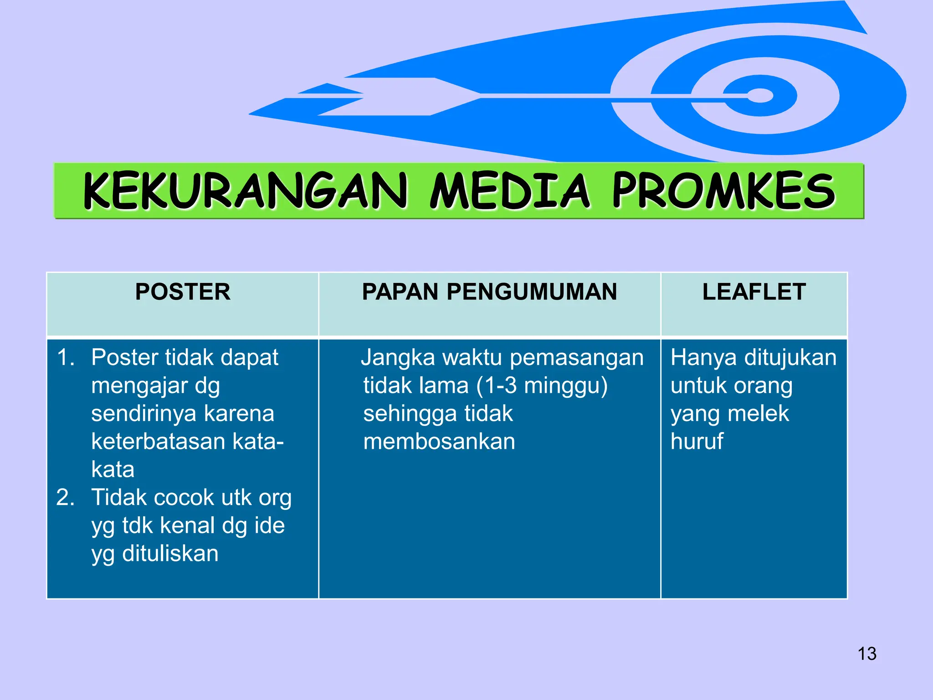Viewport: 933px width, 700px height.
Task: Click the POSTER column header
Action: pyautogui.click(x=183, y=292)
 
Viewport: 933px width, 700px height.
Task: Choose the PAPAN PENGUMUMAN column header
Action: pyautogui.click(x=489, y=292)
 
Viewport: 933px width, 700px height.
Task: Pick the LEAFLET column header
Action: pyautogui.click(x=754, y=292)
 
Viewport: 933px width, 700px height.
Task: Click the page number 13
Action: pyautogui.click(x=867, y=654)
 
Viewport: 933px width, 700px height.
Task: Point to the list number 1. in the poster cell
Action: pyautogui.click(x=66, y=357)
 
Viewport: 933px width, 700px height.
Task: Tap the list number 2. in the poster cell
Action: pyautogui.click(x=66, y=497)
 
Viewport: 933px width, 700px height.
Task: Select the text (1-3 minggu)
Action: pyautogui.click(x=542, y=386)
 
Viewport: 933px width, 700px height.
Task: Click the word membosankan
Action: pyautogui.click(x=439, y=442)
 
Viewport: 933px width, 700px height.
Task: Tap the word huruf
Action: pyautogui.click(x=697, y=441)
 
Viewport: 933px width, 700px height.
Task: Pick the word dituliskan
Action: pyautogui.click(x=170, y=554)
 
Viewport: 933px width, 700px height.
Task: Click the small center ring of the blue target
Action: pyautogui.click(x=760, y=96)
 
